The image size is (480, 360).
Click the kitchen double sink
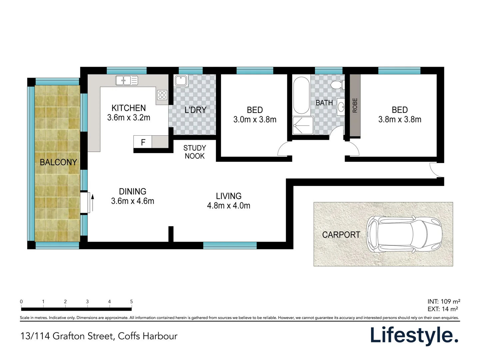coord(126,80)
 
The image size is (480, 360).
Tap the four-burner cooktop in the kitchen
coord(162,95)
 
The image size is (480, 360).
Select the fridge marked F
coord(143,142)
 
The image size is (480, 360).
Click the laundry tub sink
coord(181,81)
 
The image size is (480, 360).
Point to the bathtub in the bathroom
coord(302,96)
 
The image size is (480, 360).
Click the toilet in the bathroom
coord(337,85)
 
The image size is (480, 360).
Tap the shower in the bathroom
coord(303,125)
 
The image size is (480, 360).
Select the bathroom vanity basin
coord(341,107)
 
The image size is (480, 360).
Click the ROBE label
coord(355,105)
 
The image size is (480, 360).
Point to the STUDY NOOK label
coord(195,152)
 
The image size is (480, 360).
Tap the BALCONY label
coord(58,162)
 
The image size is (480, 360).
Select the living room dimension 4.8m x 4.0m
coord(229,206)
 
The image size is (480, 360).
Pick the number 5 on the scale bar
coord(131,301)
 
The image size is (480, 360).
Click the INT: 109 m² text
coord(444,301)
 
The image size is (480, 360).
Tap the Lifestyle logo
coord(414,335)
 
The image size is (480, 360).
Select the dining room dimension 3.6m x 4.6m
coord(133,201)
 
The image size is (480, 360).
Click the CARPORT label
coord(341,235)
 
